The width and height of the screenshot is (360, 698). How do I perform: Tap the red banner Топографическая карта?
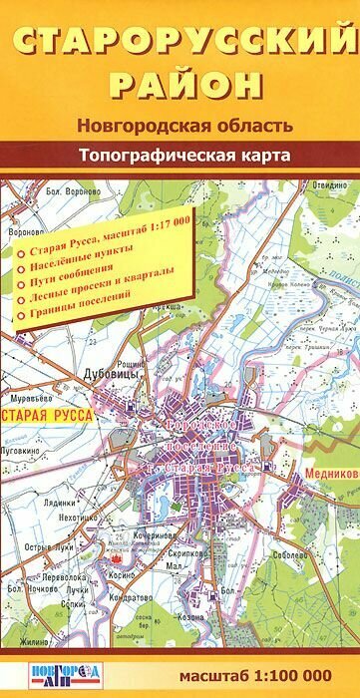180,156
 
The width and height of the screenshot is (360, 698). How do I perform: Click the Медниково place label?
330,474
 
